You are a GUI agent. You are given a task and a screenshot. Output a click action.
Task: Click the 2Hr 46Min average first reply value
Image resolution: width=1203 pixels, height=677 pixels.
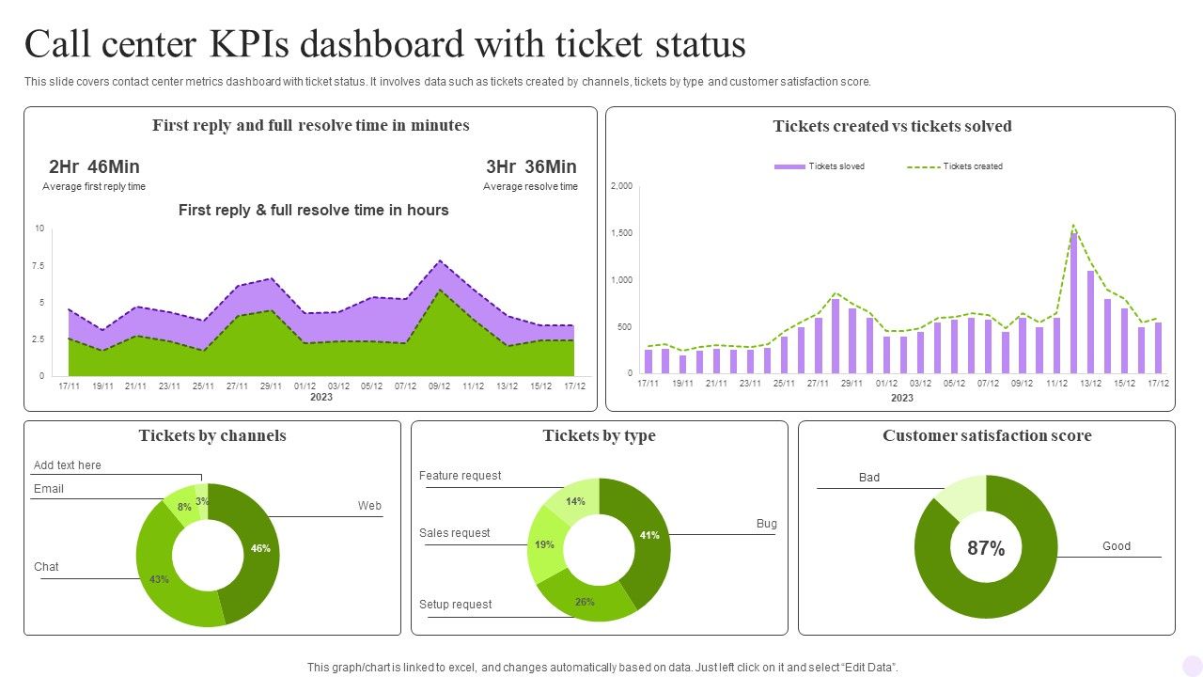pos(94,167)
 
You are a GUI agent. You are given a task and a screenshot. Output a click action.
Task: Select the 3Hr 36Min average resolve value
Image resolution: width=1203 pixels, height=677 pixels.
pos(531,167)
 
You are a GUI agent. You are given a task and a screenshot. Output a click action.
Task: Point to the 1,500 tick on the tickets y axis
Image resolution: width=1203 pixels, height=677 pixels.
pos(621,233)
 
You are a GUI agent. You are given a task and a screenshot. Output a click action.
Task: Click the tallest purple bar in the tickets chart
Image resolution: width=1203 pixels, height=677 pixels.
pos(1073,301)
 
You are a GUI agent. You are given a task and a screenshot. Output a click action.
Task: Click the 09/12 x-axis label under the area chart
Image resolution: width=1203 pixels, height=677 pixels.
pos(439,386)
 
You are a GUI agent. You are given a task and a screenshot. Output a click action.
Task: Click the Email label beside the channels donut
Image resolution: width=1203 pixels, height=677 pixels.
pos(49,489)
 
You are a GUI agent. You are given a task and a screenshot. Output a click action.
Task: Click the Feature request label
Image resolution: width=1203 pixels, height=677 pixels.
pos(461,476)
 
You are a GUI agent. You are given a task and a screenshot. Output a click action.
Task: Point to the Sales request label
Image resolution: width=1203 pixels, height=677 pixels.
pos(455,533)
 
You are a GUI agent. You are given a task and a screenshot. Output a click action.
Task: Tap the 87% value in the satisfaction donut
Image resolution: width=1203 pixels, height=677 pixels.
pos(986,548)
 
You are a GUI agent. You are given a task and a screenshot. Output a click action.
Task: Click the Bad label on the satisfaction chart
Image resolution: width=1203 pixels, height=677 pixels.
pos(869,478)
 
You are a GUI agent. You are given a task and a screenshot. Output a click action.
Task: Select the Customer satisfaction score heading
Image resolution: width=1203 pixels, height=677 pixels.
pos(987,436)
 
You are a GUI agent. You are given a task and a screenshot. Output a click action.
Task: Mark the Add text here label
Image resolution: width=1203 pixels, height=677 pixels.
pos(68,465)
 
